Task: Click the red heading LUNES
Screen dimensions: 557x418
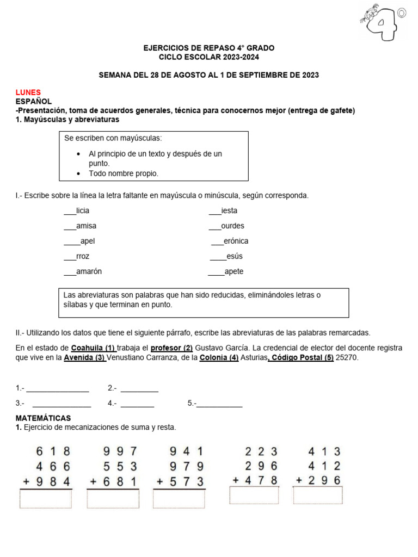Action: point(28,92)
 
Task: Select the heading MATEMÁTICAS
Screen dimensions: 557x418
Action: point(43,418)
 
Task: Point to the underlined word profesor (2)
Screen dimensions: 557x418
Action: point(171,347)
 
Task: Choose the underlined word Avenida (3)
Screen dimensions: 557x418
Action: point(85,357)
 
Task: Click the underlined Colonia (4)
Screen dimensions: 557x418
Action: point(219,357)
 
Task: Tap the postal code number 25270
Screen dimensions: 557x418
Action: point(347,357)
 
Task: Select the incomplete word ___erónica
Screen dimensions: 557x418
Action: point(229,241)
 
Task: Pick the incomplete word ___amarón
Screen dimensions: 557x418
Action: point(83,271)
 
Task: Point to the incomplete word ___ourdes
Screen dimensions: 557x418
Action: point(226,226)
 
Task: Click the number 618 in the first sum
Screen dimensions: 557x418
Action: point(53,451)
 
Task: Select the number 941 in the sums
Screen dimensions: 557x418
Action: point(186,451)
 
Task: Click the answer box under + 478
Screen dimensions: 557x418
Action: point(255,496)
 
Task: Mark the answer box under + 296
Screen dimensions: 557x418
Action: point(318,496)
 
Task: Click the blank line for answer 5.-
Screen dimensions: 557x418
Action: point(219,404)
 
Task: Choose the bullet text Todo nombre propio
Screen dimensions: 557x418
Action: point(124,174)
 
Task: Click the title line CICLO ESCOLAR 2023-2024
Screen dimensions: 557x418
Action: point(209,57)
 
